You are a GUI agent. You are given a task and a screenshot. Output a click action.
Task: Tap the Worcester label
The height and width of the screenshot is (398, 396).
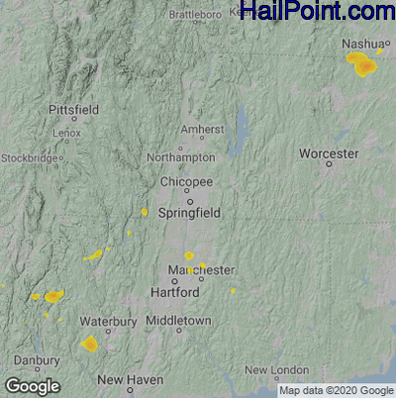(329, 154)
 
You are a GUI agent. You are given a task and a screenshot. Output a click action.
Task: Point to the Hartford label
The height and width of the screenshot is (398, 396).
(175, 293)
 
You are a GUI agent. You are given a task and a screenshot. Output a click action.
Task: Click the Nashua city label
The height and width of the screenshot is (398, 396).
(361, 45)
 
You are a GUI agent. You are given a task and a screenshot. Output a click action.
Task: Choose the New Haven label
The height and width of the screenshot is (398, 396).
(130, 380)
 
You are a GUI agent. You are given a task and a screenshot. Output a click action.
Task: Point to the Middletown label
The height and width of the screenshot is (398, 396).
(178, 322)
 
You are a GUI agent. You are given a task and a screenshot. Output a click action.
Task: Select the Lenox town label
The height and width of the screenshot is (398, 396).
(67, 132)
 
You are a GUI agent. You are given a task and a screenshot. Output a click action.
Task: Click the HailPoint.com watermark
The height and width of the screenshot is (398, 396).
(317, 12)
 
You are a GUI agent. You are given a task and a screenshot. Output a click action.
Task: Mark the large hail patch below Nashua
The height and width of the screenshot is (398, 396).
(362, 65)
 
